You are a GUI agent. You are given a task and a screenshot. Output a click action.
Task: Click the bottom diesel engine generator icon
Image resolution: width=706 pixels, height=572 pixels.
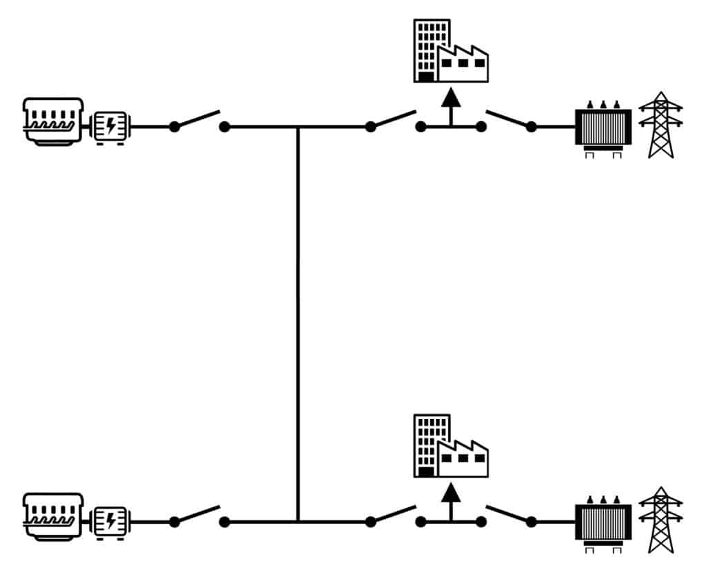pos(53,515)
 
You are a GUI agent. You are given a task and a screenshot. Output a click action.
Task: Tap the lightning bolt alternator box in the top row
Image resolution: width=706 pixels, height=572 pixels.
pos(110,126)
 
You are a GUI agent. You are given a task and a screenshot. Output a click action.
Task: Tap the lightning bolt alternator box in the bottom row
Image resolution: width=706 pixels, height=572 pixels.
pos(110,521)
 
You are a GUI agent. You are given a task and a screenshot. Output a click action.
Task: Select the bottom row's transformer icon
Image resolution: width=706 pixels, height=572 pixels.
pos(603,522)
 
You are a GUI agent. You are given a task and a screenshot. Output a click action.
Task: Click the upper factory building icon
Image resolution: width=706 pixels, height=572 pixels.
pos(451,52)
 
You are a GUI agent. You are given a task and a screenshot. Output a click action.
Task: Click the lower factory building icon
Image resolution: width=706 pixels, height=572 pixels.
pos(451,447)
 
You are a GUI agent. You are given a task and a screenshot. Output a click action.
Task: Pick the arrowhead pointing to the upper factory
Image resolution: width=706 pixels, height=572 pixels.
pos(451,96)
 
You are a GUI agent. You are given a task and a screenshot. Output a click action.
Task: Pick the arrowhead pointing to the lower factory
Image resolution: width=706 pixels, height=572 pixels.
pos(451,491)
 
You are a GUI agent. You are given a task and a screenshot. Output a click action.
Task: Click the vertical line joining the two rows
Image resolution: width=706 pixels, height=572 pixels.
pos(298,324)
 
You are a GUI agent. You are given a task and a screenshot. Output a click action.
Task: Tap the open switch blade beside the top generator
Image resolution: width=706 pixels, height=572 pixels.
pos(198,119)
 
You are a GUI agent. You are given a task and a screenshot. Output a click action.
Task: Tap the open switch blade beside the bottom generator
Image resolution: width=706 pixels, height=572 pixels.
pos(198,514)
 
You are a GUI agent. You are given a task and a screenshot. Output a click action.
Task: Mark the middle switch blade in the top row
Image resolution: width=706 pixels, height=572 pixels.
pos(394,119)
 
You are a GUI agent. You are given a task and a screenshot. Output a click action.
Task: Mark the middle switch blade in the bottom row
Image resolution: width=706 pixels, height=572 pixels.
pos(394,514)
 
